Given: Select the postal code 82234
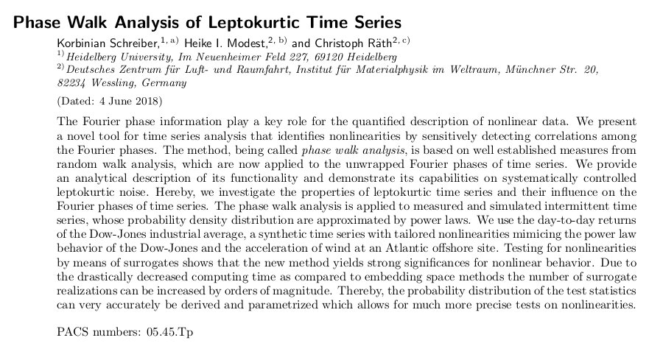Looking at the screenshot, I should point(71,83).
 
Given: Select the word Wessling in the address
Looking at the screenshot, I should point(112,83).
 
